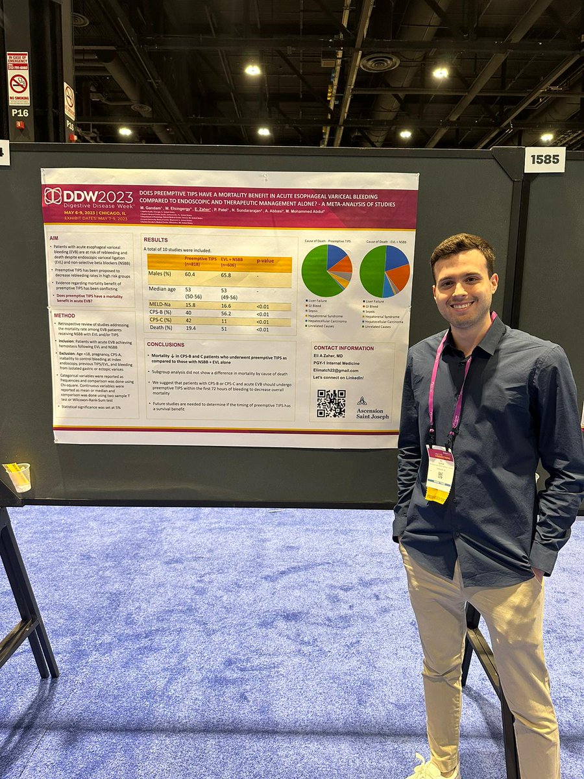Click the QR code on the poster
(x=331, y=403)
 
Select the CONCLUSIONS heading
(x=165, y=344)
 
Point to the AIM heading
(x=55, y=238)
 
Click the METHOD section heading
(x=64, y=315)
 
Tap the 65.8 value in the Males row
(x=228, y=275)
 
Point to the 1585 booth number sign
(x=544, y=160)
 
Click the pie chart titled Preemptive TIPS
(x=326, y=271)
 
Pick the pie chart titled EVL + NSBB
(x=384, y=271)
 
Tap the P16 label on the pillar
(x=19, y=112)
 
